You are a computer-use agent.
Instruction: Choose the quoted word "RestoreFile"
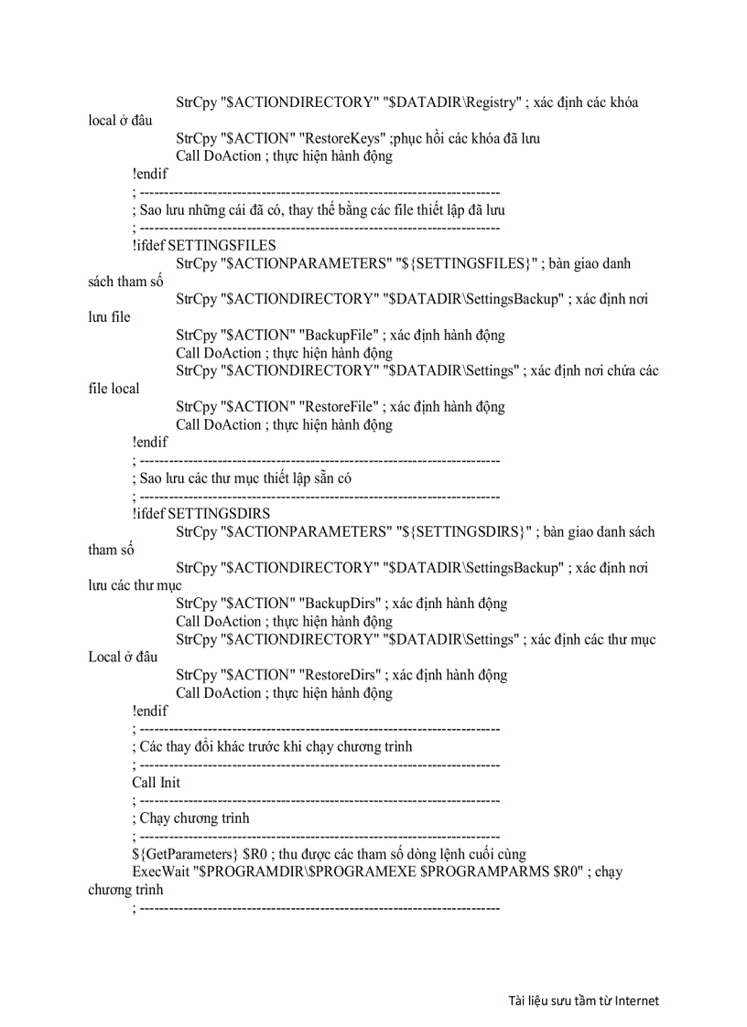[x=341, y=407]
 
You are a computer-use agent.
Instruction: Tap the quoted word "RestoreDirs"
[x=342, y=675]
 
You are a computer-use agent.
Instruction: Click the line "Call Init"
[x=156, y=783]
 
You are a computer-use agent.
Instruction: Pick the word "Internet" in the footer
[x=636, y=1000]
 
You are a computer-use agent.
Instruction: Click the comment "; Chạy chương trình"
[x=190, y=818]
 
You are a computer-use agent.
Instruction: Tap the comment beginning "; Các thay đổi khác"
[x=272, y=747]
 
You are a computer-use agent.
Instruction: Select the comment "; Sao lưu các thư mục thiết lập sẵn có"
[x=242, y=478]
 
